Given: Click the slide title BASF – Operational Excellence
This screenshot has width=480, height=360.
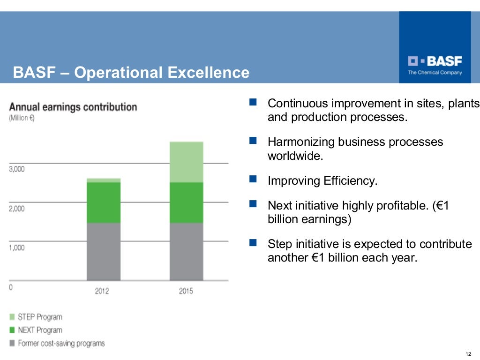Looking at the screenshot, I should (x=131, y=73).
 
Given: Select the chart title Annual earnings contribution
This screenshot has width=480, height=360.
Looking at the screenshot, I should (x=73, y=107).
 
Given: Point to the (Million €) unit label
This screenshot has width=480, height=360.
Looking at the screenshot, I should (x=22, y=118).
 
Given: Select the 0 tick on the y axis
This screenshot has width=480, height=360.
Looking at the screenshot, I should (x=11, y=287).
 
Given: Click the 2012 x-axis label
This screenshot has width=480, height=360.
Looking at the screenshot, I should (x=102, y=291).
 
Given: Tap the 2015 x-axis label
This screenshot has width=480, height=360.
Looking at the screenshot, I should (x=186, y=291).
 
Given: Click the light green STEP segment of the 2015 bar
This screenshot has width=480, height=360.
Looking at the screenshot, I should (x=186, y=162).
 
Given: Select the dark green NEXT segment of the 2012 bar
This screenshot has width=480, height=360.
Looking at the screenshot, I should (x=104, y=202).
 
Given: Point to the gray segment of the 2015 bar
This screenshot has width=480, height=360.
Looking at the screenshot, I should (x=186, y=251).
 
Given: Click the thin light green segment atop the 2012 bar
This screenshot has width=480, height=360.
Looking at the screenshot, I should (x=104, y=180).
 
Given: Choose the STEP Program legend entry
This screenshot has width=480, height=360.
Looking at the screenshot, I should (x=39, y=317).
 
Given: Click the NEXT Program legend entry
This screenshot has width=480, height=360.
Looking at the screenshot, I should (x=39, y=330).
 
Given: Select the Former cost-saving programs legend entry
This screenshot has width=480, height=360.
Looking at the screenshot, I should (x=61, y=344).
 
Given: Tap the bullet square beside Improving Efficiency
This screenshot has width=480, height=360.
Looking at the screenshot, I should (x=254, y=179).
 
